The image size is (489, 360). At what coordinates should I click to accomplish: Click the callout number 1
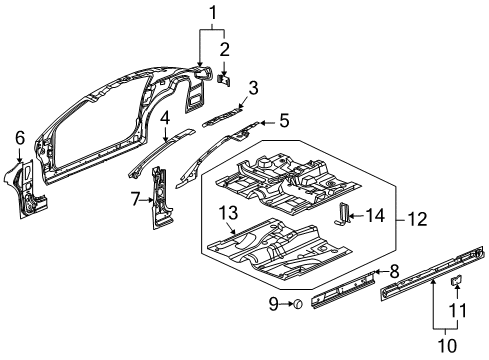(x=211, y=12)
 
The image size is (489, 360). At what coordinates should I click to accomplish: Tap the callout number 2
(x=225, y=48)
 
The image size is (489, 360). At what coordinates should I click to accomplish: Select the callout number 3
(x=253, y=88)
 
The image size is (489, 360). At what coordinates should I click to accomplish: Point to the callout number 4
(x=164, y=118)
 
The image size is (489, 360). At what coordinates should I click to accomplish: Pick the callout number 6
(x=20, y=138)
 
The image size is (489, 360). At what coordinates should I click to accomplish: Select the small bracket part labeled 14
(x=345, y=215)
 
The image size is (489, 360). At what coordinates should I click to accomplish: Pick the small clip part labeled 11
(x=452, y=283)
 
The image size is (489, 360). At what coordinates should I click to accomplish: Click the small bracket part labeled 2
(x=225, y=74)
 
